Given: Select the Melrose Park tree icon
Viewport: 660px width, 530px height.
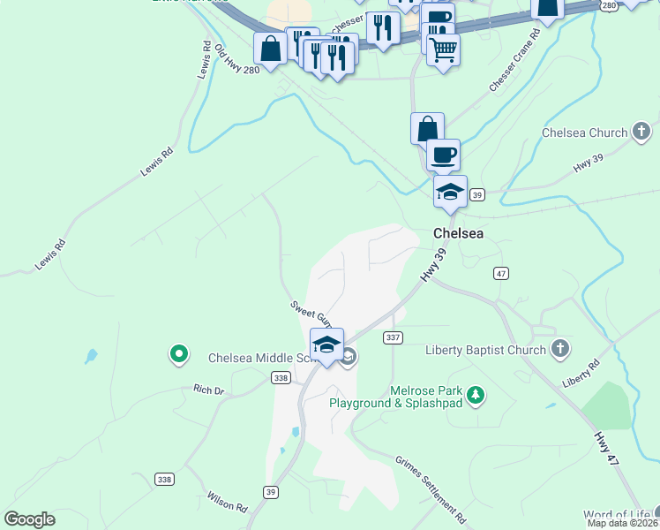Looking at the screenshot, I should coord(476,395).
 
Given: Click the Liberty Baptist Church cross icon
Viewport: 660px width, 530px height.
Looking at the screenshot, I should coord(559,350).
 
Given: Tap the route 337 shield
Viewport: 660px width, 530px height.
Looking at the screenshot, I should coord(393,337).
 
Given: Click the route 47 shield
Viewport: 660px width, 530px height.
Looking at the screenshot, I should coord(501,274).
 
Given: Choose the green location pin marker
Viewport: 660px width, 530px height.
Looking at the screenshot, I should coord(179,355).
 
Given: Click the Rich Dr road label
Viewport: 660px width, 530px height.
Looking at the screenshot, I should coord(210,389).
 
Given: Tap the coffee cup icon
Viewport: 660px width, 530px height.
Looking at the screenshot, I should coord(443,155).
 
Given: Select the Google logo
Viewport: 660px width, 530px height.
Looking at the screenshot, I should coord(29,519).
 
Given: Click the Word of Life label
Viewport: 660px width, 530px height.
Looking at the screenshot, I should coord(617,515).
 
